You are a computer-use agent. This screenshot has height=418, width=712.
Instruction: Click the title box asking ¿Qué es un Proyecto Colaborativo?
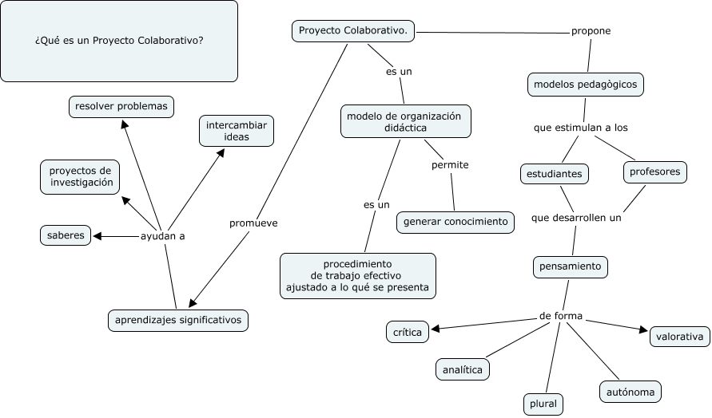pyautogui.click(x=119, y=41)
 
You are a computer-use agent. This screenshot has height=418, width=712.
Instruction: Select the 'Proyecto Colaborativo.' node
pyautogui.click(x=353, y=31)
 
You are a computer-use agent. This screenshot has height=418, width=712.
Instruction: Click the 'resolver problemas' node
pyautogui.click(x=121, y=106)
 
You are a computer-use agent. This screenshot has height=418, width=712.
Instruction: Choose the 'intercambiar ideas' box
pyautogui.click(x=237, y=132)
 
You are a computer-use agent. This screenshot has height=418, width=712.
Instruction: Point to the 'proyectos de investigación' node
pyautogui.click(x=80, y=176)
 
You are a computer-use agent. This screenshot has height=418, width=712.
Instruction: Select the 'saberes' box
pyautogui.click(x=66, y=235)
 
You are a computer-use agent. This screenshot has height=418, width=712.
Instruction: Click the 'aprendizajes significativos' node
pyautogui.click(x=178, y=321)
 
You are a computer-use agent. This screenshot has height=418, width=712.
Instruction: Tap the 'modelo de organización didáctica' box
pyautogui.click(x=405, y=121)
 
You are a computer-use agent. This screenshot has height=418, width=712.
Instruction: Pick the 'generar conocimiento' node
pyautogui.click(x=455, y=222)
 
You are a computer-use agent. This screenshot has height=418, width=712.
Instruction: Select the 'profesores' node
pyautogui.click(x=654, y=172)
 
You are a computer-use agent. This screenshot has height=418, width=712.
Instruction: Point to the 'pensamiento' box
pyautogui.click(x=571, y=266)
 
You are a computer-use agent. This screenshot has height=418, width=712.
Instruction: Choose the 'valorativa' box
pyautogui.click(x=679, y=337)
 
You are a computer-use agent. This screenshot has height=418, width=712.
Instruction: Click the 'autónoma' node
pyautogui.click(x=630, y=392)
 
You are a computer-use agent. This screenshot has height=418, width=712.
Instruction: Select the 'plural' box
pyautogui.click(x=543, y=404)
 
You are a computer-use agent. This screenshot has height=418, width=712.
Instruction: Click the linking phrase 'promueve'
pyautogui.click(x=253, y=223)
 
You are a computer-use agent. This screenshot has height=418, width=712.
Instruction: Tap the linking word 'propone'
pyautogui.click(x=591, y=31)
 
